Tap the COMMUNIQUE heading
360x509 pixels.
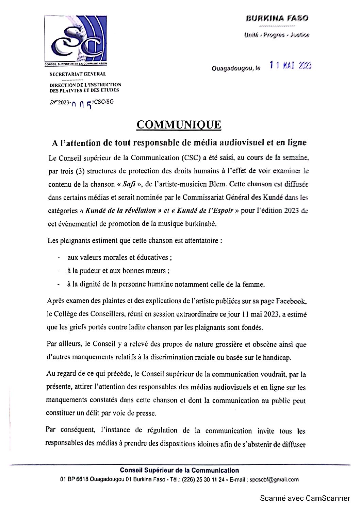point(179,125)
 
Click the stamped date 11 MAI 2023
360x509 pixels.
point(290,65)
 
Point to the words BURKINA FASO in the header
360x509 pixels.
point(277,18)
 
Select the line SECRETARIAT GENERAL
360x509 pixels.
point(78,74)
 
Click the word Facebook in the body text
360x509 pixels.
point(291,301)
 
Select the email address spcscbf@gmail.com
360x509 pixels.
point(274,479)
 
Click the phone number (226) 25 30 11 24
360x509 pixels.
point(203,479)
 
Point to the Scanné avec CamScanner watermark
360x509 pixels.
point(305,498)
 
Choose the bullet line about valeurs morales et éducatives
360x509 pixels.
point(119,257)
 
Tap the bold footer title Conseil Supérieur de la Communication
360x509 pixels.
point(179,471)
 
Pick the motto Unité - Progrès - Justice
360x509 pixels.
point(276,35)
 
